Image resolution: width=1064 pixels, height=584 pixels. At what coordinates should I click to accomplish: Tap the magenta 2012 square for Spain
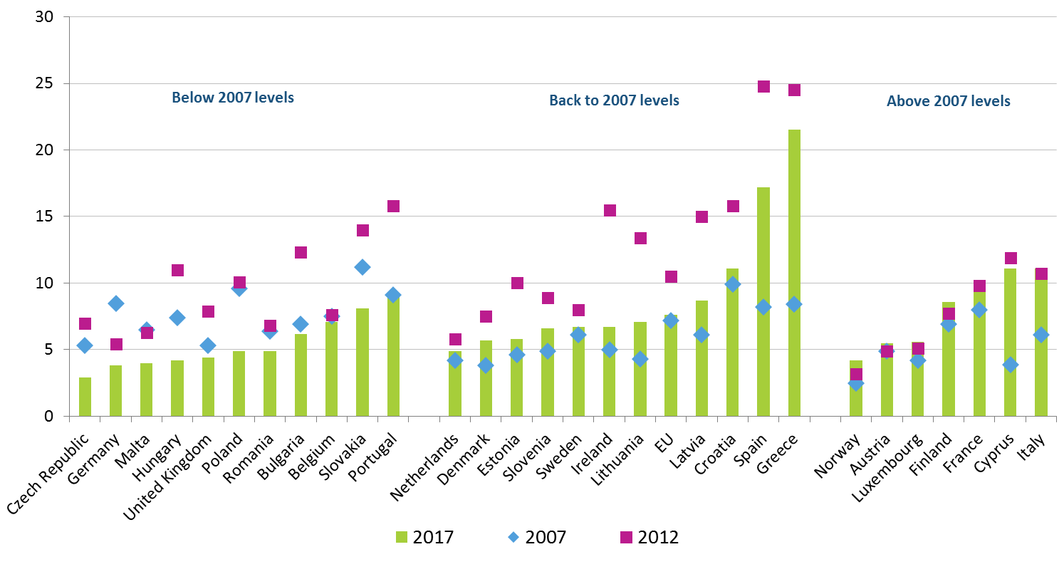coord(763,86)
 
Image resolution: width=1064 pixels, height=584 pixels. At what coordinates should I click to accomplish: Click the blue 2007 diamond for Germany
coord(116,303)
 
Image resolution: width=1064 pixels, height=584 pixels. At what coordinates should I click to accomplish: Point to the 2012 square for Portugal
coord(393,206)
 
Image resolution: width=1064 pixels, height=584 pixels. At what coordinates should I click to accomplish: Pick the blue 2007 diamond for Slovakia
coord(362,267)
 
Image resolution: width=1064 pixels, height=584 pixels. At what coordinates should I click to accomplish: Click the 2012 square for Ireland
coord(610,210)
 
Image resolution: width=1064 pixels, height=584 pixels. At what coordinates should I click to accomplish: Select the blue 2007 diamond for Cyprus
coord(1010,365)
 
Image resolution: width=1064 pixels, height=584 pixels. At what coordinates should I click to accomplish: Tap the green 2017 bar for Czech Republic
coord(85,397)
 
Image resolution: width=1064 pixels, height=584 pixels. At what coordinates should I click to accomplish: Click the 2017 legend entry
coord(425,537)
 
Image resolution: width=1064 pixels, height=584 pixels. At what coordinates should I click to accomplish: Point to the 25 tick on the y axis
coord(44,83)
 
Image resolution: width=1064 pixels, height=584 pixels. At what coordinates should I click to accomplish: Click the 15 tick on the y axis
coord(44,216)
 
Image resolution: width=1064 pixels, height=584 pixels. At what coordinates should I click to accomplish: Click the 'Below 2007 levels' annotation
coord(233,98)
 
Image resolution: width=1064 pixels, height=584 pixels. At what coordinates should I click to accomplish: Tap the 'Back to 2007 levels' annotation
coord(614,100)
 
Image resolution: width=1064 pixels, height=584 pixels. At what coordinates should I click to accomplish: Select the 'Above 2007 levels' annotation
coord(948,101)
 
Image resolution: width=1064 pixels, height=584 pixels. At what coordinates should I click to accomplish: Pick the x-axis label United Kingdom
coord(168,477)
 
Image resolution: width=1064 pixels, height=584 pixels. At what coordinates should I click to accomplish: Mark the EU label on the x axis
coord(664,443)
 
